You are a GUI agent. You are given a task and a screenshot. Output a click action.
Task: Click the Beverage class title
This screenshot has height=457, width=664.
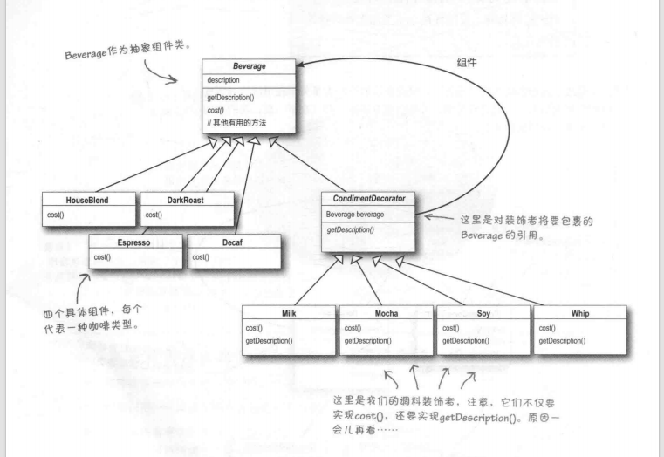[x=249, y=67]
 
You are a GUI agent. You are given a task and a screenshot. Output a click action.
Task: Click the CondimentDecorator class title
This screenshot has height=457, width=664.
[x=367, y=198]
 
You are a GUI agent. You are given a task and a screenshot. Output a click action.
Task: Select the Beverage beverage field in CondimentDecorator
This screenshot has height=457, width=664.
[x=356, y=214]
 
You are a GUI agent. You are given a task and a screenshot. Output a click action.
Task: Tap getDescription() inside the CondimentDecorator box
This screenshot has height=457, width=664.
[x=351, y=228]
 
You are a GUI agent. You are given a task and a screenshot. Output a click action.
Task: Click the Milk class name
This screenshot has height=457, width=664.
[x=290, y=312]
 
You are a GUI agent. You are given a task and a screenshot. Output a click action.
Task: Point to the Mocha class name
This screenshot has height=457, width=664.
[x=386, y=312]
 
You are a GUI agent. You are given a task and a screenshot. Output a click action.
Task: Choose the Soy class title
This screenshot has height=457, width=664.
[x=483, y=312]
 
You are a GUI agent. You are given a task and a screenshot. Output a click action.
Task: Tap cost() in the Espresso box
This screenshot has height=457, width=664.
[x=104, y=257]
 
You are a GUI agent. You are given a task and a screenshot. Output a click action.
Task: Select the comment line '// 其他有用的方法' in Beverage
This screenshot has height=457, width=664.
[x=236, y=124]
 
